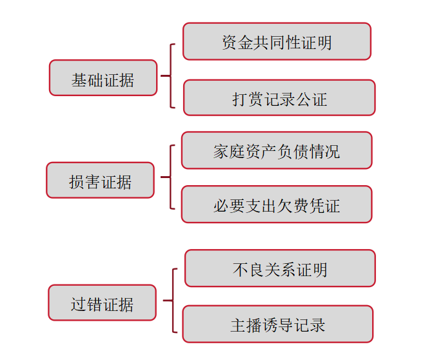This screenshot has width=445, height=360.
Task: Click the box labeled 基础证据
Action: click(103, 77)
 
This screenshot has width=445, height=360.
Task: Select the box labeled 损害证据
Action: click(100, 180)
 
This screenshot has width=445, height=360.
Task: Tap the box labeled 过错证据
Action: click(102, 303)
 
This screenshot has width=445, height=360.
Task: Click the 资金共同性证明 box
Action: click(277, 41)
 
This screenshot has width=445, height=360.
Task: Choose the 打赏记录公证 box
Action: click(279, 97)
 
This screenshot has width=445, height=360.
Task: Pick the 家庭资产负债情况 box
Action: click(277, 150)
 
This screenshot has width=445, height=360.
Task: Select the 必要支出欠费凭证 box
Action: click(277, 204)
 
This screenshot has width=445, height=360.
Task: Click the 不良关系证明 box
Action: click(280, 268)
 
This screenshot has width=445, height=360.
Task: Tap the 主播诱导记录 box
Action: click(278, 324)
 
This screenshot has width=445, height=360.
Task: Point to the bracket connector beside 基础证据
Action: click(170, 75)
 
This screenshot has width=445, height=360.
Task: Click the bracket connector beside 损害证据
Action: click(170, 177)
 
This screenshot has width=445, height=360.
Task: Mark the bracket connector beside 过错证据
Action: click(173, 300)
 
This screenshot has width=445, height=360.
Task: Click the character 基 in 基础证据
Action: click(79, 80)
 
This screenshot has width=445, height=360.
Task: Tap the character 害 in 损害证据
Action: click(92, 182)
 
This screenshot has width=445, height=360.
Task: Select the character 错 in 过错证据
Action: click(94, 305)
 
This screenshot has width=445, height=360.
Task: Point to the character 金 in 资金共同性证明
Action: click(246, 43)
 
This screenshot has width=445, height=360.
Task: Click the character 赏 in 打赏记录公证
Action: click(255, 99)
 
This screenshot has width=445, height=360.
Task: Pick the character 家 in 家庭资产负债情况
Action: click(221, 152)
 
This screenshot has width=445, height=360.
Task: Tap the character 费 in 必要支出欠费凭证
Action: click(301, 206)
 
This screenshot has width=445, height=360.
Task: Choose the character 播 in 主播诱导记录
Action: click(254, 325)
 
